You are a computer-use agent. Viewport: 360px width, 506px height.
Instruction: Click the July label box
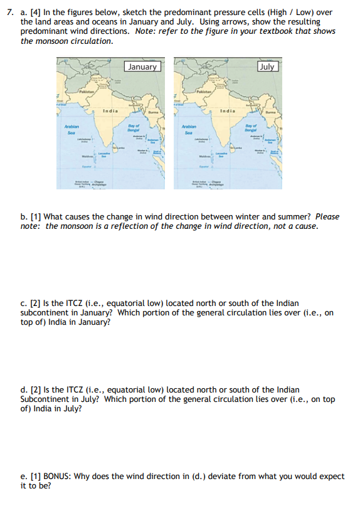tap(267, 66)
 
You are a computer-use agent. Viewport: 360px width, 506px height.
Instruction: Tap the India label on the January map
tap(110, 111)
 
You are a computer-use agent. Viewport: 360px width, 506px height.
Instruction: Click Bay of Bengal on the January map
tap(133, 130)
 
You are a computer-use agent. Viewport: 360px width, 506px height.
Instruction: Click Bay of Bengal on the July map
tap(251, 130)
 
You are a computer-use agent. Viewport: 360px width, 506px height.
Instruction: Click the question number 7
tap(8, 12)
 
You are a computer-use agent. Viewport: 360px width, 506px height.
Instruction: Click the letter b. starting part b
tap(24, 216)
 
